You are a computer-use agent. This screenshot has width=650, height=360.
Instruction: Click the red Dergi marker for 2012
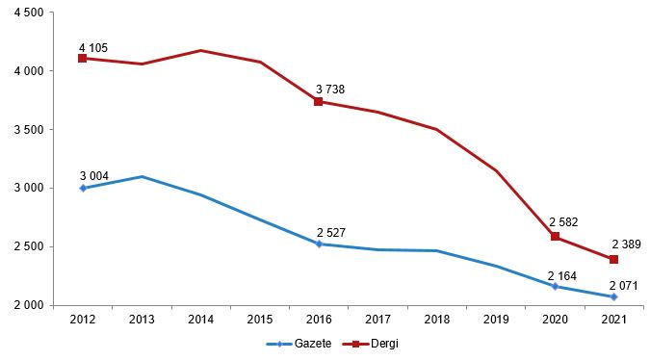tap(83, 58)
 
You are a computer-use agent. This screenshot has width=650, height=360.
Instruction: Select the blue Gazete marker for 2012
tap(83, 188)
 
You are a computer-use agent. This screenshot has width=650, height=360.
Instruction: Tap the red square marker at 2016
tap(319, 101)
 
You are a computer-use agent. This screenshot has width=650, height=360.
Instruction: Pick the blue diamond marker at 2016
tap(319, 244)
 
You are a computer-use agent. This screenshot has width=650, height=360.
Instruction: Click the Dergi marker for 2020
tap(555, 237)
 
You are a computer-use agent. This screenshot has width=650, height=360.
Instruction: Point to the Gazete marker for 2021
tap(614, 297)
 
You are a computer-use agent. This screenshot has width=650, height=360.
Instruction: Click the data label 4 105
tap(93, 48)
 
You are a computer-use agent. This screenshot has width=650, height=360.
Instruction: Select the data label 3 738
tap(330, 90)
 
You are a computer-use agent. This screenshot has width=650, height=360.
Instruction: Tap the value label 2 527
tap(331, 233)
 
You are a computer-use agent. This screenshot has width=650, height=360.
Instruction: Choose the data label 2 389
tap(626, 244)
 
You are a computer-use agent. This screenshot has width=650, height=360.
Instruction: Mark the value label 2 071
tap(623, 286)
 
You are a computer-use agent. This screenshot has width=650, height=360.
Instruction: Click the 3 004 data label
tap(94, 176)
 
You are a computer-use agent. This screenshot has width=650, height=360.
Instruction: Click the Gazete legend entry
tap(299, 344)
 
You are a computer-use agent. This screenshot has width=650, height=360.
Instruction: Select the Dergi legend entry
tap(370, 344)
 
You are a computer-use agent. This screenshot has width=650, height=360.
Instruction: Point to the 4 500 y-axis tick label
tap(29, 13)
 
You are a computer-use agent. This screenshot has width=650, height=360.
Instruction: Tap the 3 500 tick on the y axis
tap(29, 130)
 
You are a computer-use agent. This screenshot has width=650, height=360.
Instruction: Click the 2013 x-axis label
tap(142, 320)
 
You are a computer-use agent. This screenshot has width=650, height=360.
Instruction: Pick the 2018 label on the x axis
tap(437, 320)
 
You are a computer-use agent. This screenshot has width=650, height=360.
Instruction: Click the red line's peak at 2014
tap(200, 51)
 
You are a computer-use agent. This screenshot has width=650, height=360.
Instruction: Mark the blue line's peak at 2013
tap(142, 176)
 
